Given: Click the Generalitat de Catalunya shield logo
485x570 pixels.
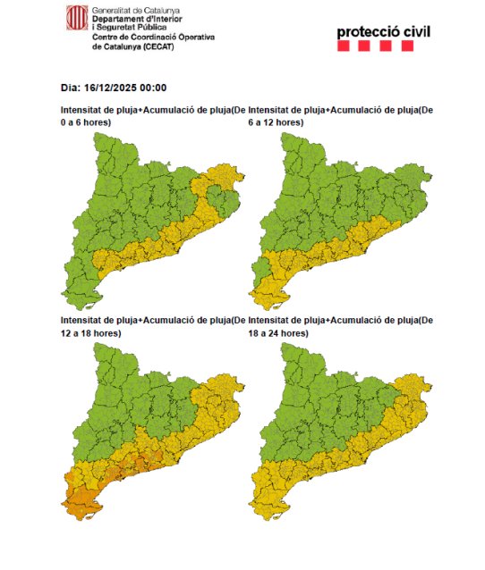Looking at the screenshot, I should (x=77, y=17).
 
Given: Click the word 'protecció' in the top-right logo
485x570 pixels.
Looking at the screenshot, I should (x=369, y=33).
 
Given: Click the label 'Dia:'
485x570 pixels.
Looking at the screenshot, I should (x=71, y=88).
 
